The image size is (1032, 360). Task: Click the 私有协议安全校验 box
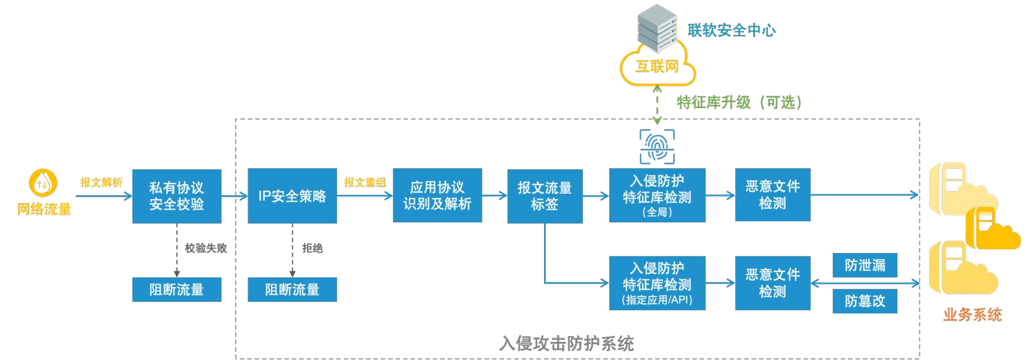pos(176,196)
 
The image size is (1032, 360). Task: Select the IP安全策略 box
pos(292,196)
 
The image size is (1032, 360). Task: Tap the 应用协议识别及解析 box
pos(437,196)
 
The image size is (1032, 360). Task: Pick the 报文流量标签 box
pos(545,196)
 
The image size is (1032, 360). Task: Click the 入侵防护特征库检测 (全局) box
pos(657,196)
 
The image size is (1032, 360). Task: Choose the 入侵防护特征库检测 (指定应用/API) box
pos(657,283)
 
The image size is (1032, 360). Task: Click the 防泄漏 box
pos(865,265)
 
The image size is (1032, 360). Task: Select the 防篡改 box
pos(865,301)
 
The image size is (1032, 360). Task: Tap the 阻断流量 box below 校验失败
pos(176,289)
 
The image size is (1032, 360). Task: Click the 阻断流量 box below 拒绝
pos(292,289)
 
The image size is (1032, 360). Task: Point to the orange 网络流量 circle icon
pos(43,183)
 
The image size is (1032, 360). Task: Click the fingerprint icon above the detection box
pos(657,147)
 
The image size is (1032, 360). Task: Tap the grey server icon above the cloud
pos(657,27)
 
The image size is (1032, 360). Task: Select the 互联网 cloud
pos(657,67)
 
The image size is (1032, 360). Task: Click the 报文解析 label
pos(101,182)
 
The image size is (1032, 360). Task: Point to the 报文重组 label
pos(365,182)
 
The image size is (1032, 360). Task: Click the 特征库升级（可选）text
pos(739,102)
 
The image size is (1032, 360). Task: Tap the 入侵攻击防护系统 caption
pos(566,343)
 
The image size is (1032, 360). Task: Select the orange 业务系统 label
pos(972,315)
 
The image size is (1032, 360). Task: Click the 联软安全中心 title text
pos(731,30)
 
